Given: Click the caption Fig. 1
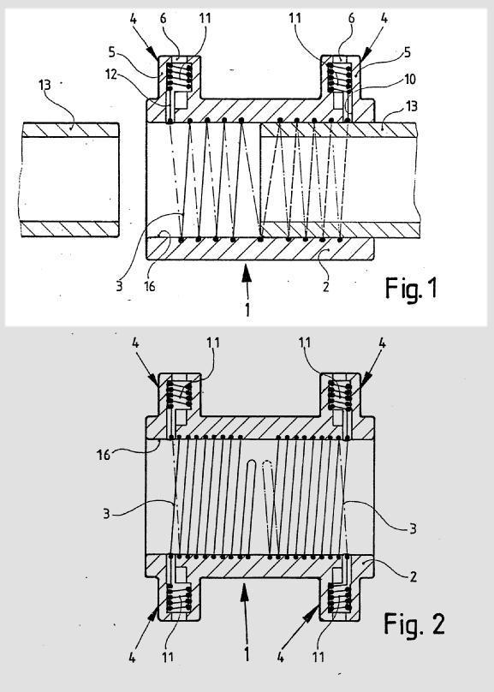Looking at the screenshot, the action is (x=411, y=289).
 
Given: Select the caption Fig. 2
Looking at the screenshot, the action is (x=414, y=623).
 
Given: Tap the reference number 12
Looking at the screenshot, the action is (x=110, y=75).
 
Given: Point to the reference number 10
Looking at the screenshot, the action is (x=410, y=80).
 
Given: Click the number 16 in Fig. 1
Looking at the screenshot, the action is (x=150, y=286).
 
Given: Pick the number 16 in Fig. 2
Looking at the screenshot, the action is (x=104, y=455).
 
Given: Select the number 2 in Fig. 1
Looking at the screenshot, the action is (x=325, y=287).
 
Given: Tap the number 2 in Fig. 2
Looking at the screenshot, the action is (x=413, y=576).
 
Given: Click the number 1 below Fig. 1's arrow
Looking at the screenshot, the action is (x=247, y=309).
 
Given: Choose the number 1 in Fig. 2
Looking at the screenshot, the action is (x=247, y=654).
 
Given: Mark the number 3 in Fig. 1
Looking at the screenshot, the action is (x=119, y=286).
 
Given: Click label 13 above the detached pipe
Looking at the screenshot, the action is (x=45, y=85).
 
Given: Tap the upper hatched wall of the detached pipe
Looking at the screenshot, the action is (x=70, y=130).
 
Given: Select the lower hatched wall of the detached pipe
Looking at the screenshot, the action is (x=70, y=229).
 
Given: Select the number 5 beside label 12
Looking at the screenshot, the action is (x=111, y=52).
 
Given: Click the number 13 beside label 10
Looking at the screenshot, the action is (x=411, y=106).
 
